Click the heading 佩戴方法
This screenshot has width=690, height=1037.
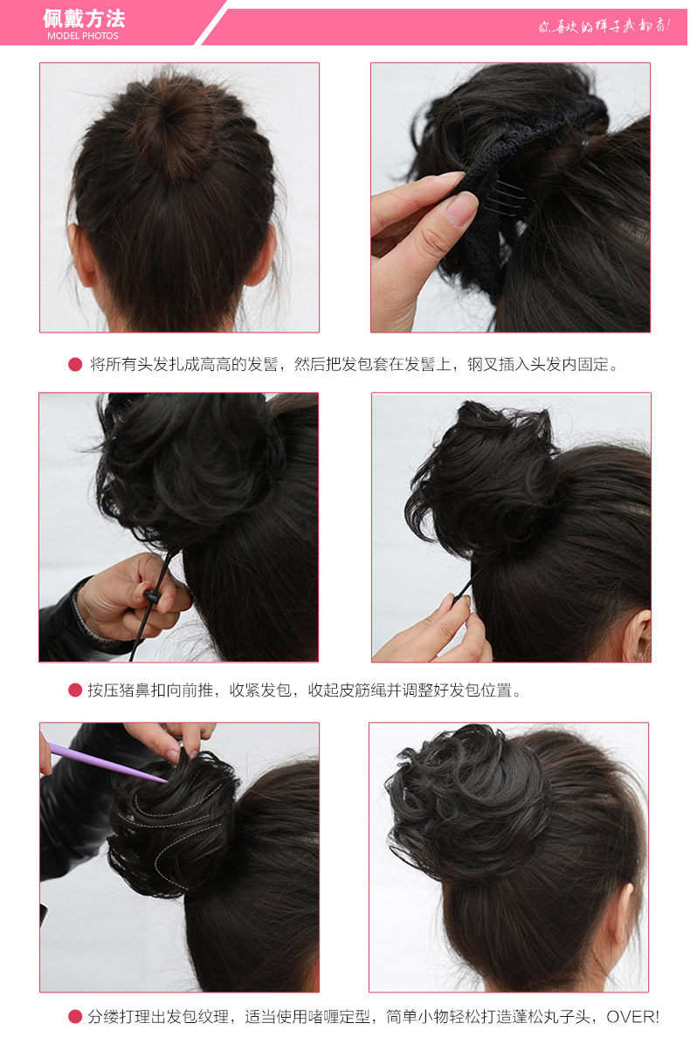tap(84, 18)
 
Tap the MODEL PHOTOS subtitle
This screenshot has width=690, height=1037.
tap(83, 36)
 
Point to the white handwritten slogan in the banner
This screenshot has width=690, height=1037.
tap(604, 25)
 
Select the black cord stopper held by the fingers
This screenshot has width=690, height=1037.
tap(153, 596)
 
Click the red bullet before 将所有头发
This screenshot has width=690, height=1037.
tap(75, 365)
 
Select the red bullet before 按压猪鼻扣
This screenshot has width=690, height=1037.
tap(75, 690)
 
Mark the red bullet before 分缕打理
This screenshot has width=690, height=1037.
tap(75, 1017)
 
